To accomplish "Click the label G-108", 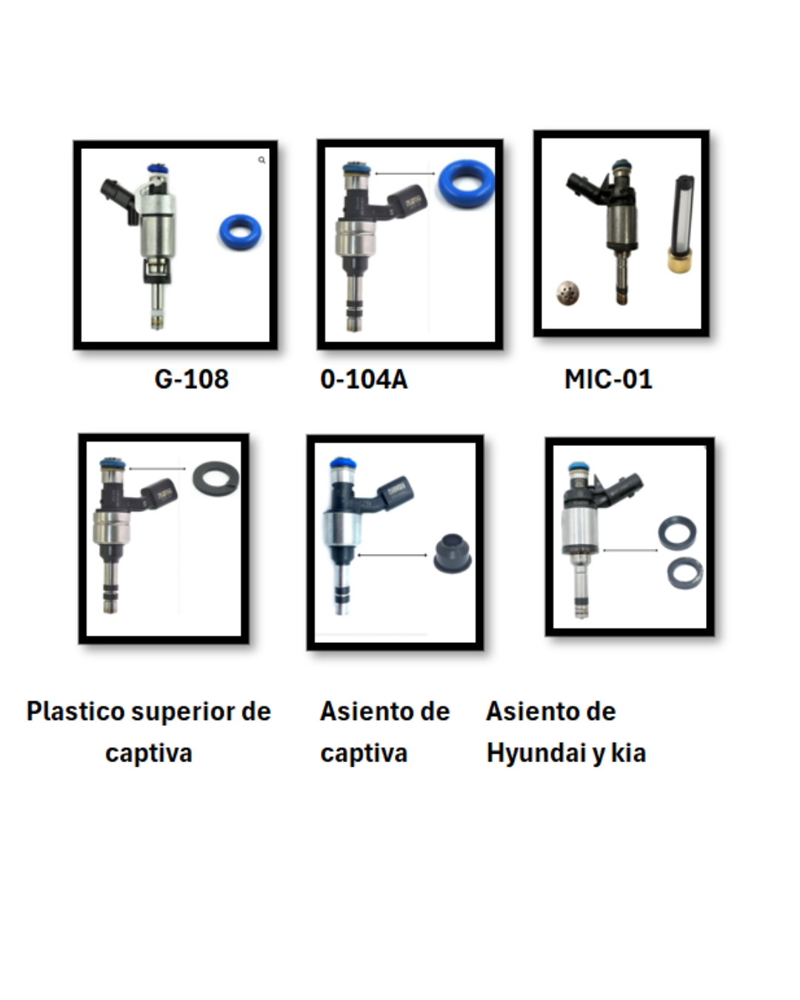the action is tap(192, 379).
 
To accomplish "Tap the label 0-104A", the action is tap(364, 379).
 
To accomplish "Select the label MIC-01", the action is tap(608, 379).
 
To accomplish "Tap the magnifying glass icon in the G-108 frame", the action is tap(261, 160).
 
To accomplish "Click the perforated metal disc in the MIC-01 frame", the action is tap(567, 293).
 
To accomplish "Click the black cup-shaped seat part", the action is tap(452, 553).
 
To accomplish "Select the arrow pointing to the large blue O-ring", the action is tap(405, 173).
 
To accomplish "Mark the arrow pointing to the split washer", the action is tap(156, 468).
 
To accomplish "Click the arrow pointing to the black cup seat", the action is tap(392, 555).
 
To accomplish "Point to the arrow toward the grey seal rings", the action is tap(630, 550).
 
